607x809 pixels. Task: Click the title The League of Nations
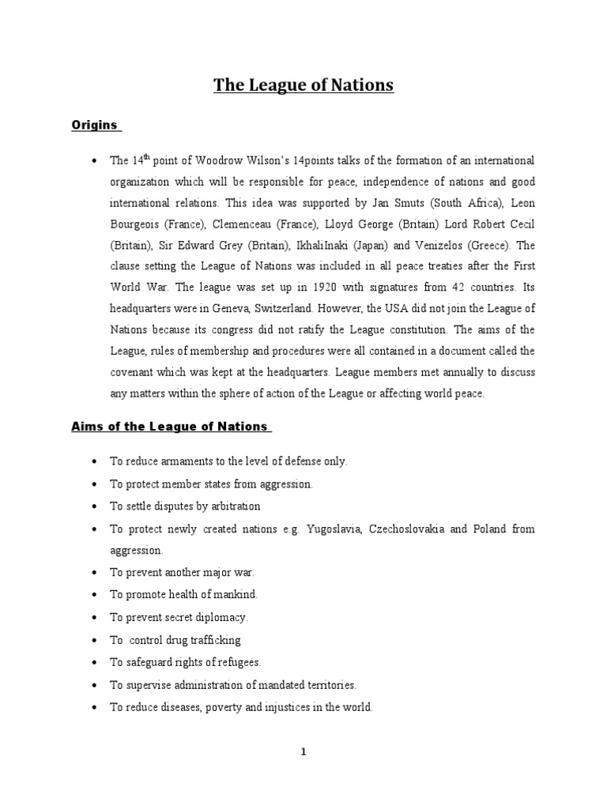[x=303, y=85]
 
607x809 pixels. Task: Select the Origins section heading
[x=94, y=125]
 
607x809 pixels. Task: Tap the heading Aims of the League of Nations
[x=169, y=427]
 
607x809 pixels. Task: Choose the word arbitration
[x=233, y=506]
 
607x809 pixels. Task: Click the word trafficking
[x=213, y=640]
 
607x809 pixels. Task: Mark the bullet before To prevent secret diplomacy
[x=94, y=617]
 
